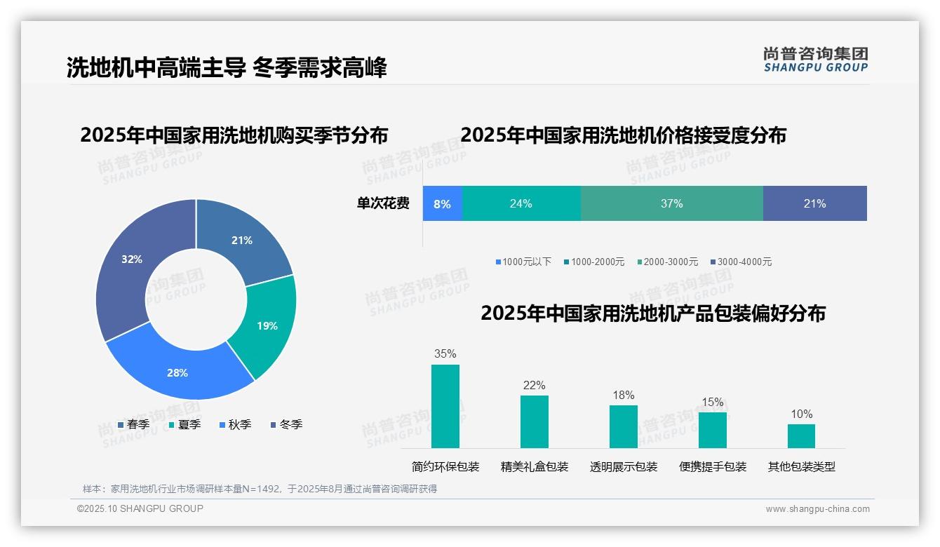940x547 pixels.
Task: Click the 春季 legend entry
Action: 133,424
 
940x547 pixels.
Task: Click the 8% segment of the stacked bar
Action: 442,203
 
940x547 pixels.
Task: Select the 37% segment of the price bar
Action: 671,203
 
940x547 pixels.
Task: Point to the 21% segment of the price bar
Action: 814,203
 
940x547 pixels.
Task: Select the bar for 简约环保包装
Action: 445,406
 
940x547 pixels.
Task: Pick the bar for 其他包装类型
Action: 801,435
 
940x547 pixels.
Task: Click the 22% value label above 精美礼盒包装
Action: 534,385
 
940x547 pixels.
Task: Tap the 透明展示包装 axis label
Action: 624,466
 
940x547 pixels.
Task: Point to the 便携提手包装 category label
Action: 713,466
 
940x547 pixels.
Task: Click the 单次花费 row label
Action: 383,203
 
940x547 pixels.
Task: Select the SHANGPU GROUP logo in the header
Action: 815,60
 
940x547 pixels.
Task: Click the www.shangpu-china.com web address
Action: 817,508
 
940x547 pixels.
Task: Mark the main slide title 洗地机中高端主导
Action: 156,68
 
